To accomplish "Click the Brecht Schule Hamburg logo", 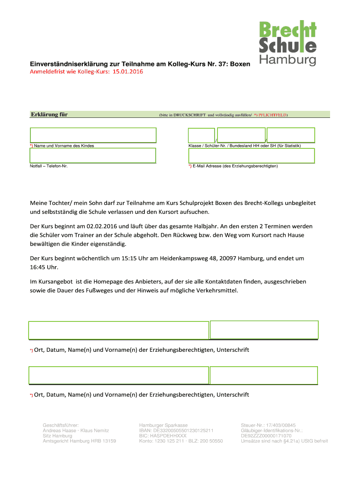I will [x=288, y=43].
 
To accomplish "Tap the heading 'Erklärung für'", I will [x=49, y=114].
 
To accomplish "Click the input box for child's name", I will [x=93, y=135].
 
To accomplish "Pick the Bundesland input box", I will [x=284, y=135].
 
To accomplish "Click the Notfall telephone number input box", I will [x=93, y=155].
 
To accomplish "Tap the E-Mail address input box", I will [x=251, y=155].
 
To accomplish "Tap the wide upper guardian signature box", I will [x=118, y=330].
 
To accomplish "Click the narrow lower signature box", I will [x=264, y=375].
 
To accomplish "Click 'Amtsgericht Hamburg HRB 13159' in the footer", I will [x=79, y=441].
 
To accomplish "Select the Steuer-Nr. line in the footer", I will [x=268, y=425].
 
